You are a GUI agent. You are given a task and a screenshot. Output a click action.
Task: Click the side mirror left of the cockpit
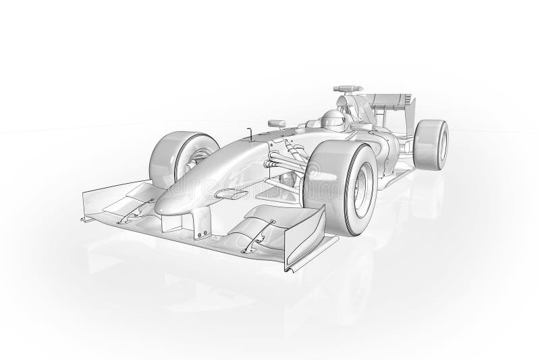275,122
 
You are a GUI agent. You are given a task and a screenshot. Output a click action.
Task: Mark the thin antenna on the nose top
250,134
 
